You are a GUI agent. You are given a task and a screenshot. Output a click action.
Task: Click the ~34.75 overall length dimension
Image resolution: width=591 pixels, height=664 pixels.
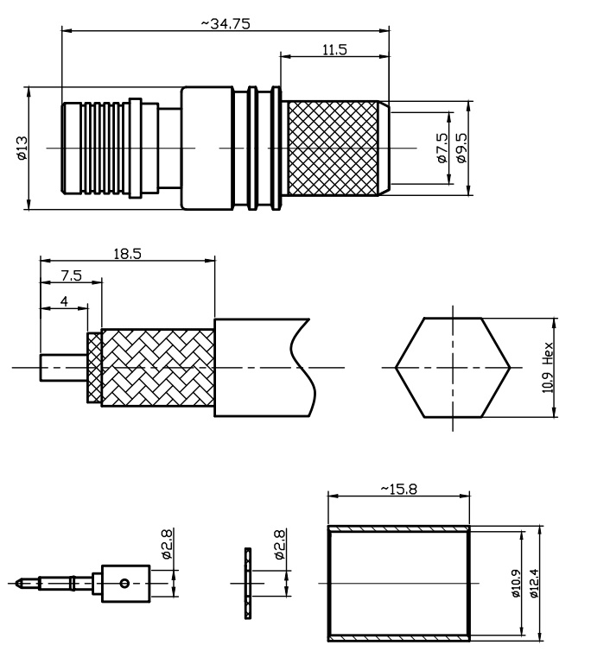pos(226,23)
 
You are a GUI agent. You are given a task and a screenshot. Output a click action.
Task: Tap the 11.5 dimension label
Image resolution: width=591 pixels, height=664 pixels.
pos(334,49)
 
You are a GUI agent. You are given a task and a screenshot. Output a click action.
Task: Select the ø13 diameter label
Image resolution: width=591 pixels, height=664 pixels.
pos(22,149)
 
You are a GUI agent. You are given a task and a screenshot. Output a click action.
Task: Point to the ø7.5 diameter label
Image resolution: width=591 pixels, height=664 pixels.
pos(442,148)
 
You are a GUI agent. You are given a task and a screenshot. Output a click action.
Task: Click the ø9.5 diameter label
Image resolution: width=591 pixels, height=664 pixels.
pos(461,148)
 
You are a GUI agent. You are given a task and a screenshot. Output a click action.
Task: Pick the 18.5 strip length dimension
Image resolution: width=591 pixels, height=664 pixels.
pos(128,254)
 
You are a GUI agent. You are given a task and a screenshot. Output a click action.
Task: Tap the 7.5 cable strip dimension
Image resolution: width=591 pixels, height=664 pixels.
pos(71,275)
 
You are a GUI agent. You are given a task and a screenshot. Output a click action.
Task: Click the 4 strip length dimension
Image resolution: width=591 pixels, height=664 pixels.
pos(64,301)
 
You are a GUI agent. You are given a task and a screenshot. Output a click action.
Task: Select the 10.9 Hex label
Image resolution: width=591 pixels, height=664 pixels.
pos(548,367)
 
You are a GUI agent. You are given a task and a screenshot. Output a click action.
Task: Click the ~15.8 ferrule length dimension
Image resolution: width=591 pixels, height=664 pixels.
pos(398,489)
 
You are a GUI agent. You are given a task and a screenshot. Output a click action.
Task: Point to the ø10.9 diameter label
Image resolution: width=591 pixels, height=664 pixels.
pos(516,583)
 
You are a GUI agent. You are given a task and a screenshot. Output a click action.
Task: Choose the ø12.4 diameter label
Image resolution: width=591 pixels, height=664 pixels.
pos(534,583)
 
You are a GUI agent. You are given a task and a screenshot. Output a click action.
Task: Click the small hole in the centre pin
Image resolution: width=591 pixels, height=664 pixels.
pos(124,583)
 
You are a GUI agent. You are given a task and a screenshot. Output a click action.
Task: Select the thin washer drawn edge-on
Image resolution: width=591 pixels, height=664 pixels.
pos(248,583)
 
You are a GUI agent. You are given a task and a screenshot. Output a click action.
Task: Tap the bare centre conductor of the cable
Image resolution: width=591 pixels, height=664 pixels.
pos(64,367)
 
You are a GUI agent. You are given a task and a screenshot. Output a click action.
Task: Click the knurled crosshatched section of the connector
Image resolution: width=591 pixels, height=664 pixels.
pos(333,149)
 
